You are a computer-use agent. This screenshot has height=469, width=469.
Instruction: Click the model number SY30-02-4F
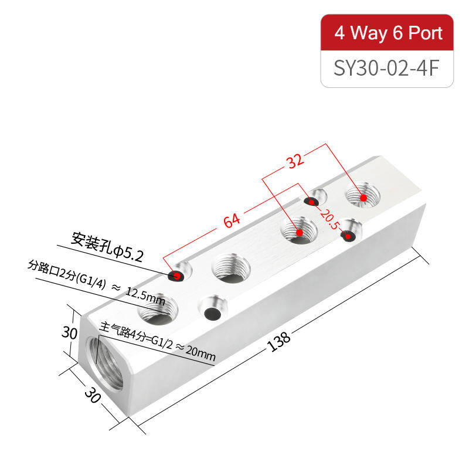click(386, 68)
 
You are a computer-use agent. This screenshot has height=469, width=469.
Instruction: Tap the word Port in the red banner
click(426, 33)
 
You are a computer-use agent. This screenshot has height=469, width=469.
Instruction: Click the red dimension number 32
click(295, 161)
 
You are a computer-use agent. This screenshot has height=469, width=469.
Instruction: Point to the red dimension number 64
click(232, 220)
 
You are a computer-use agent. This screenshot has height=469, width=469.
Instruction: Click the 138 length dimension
click(278, 341)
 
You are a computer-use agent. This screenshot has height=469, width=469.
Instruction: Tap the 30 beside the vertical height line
click(69, 332)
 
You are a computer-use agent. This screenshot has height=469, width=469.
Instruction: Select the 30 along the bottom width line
click(93, 395)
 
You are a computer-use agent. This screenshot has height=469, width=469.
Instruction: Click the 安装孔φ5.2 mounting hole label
click(107, 247)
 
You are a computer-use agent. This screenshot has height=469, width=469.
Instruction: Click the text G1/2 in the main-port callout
click(162, 342)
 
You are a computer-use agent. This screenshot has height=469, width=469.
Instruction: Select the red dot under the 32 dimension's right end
click(363, 198)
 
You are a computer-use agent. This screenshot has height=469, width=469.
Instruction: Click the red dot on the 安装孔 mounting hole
click(177, 276)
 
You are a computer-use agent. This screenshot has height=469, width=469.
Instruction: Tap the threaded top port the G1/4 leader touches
click(158, 309)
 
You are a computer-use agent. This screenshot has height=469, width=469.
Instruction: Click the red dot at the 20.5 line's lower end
click(348, 237)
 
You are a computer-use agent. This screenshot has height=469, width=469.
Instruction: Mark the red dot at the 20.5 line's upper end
click(312, 202)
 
